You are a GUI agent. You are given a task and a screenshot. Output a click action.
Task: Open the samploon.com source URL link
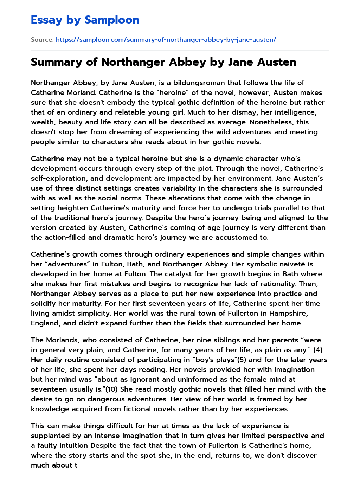[x=166, y=40]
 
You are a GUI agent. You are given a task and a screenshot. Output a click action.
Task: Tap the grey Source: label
[x=42, y=40]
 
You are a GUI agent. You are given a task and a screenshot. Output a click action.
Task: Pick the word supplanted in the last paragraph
[x=53, y=436]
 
